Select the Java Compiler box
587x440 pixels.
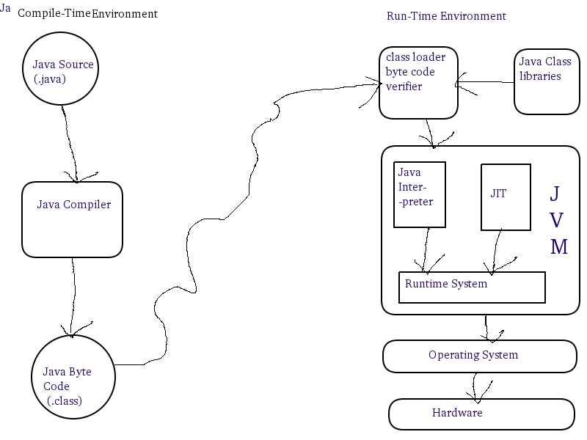pos(72,219)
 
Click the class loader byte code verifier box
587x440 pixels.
pos(418,82)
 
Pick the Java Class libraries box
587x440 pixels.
pos(547,81)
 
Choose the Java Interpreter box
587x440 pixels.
pos(419,194)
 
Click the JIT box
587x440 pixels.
pos(506,197)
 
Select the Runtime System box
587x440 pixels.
pos(472,287)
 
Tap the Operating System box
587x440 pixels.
pos(480,356)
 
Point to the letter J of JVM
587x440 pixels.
pos(555,194)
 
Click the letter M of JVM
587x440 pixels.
pos(559,246)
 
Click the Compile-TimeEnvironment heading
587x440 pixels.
pos(87,13)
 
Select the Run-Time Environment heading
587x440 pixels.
pos(445,16)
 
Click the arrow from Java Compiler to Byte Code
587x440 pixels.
pos(73,293)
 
